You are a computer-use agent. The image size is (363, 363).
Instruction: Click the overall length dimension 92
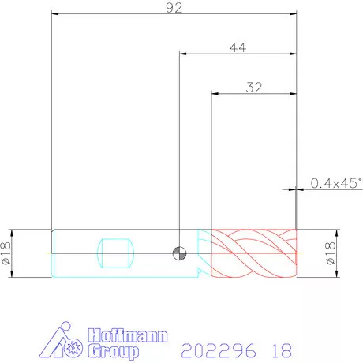pyautogui.click(x=174, y=8)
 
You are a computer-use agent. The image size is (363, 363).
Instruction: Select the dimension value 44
pyautogui.click(x=238, y=47)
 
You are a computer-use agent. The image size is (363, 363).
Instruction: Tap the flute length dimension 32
pyautogui.click(x=254, y=88)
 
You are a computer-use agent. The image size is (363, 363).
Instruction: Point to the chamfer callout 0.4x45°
pyautogui.click(x=336, y=183)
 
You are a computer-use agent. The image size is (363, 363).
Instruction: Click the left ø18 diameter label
pyautogui.click(x=6, y=253)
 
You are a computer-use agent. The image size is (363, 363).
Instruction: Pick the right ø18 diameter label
pyautogui.click(x=331, y=253)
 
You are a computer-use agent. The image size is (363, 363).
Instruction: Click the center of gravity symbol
pyautogui.click(x=179, y=253)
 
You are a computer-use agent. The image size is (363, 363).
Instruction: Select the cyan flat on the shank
pyautogui.click(x=115, y=253)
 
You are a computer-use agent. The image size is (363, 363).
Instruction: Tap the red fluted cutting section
pyautogui.click(x=254, y=253)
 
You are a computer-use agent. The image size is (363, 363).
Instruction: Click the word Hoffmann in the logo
pyautogui.click(x=128, y=335)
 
